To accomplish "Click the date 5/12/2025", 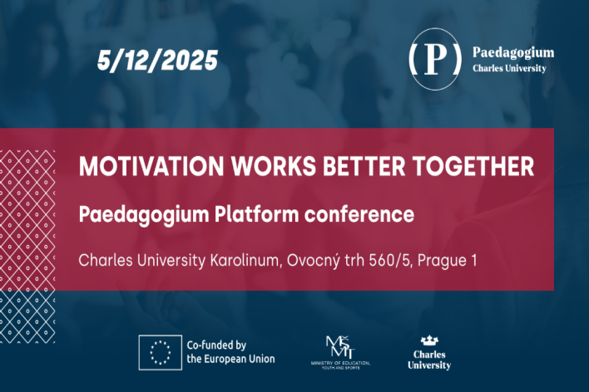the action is pyautogui.click(x=158, y=60).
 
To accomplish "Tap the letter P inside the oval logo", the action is pyautogui.click(x=435, y=59).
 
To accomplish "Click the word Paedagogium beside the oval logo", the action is pyautogui.click(x=513, y=53).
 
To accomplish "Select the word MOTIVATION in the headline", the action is pyautogui.click(x=151, y=166).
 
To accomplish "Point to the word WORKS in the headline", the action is pyautogui.click(x=274, y=166).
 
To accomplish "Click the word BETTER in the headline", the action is pyautogui.click(x=364, y=166).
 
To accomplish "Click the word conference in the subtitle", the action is pyautogui.click(x=359, y=214).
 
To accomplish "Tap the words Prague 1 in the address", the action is pyautogui.click(x=447, y=261).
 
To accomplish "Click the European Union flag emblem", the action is pyautogui.click(x=161, y=353).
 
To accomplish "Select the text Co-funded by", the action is pyautogui.click(x=216, y=345).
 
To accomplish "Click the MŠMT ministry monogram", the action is pyautogui.click(x=340, y=347).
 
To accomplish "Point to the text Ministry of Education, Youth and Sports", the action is pyautogui.click(x=341, y=365).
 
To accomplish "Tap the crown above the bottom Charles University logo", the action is pyautogui.click(x=429, y=341).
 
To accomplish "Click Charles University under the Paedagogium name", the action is pyautogui.click(x=509, y=68).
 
